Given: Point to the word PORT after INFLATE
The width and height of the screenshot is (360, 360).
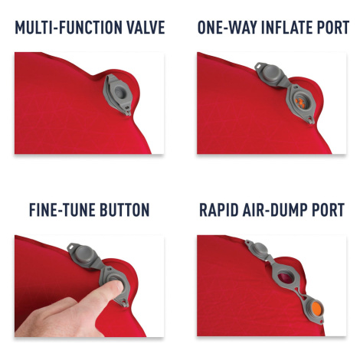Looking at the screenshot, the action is tap(333, 28).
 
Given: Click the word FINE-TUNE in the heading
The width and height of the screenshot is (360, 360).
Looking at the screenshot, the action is tap(62, 210).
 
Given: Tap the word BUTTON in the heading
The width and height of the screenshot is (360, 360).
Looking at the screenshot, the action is tap(124, 210).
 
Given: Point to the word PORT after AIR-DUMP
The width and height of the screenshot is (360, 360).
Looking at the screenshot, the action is tap(328, 210).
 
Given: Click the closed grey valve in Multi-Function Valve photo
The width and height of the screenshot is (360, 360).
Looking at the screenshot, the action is tap(118, 94).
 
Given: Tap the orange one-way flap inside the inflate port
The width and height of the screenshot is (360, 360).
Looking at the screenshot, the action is tap(300, 103).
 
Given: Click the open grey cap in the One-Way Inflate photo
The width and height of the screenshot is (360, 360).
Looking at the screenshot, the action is tap(270, 74).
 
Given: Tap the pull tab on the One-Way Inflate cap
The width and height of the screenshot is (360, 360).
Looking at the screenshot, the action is tap(259, 66).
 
